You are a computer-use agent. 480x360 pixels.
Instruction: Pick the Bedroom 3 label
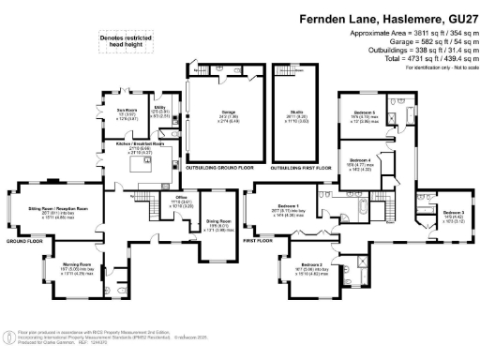[x=453, y=215]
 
